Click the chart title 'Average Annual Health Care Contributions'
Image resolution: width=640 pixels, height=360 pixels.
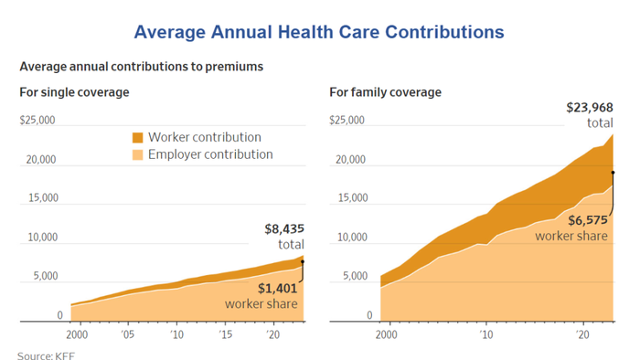319,32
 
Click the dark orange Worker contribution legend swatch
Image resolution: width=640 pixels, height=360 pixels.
137,138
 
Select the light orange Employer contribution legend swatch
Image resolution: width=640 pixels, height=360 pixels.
137,155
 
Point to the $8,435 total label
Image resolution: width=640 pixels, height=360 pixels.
284,229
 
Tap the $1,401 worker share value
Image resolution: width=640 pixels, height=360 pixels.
278,289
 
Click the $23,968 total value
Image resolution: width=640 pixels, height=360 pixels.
590,108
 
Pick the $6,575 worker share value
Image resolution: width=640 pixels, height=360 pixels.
588,220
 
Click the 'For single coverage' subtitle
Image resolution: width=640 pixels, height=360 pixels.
74,92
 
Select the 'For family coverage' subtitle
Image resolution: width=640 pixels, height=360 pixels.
385,92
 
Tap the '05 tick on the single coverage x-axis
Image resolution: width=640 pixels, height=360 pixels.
127,334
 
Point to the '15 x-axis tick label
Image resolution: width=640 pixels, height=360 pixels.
225,334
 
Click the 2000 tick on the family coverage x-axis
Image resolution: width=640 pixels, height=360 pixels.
386,334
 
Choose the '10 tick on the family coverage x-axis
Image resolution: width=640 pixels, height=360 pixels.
486,334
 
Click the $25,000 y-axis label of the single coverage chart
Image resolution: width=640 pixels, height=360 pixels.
37,121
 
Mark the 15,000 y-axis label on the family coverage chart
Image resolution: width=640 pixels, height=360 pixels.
353,197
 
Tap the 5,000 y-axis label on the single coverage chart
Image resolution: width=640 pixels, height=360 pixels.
46,276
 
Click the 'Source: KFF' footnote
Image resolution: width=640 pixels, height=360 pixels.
46,355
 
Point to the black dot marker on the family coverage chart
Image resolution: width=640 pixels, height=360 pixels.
613,173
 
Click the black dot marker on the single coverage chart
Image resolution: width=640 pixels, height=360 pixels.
303,261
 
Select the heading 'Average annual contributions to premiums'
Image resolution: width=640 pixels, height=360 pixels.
141,67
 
